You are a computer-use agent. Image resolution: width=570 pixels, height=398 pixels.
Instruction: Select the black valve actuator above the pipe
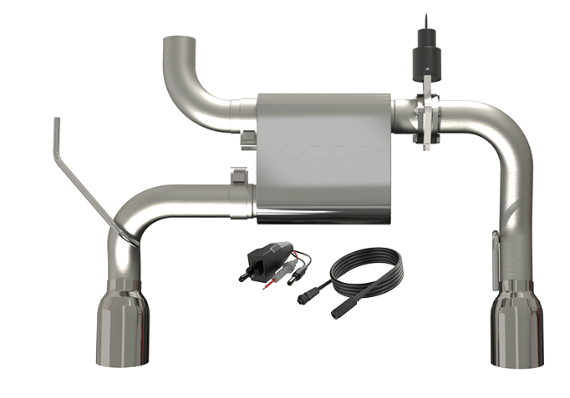coord(425,55)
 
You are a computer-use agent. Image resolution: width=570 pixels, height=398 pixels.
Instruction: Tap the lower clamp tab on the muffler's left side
coord(238,175)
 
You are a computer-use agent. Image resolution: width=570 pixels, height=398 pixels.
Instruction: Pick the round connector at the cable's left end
coord(305,297)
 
